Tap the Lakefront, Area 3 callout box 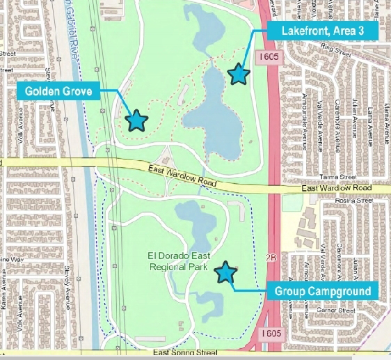point(321,31)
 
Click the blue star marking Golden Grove point(136,120)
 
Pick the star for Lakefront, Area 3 point(239,73)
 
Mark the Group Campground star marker point(225,273)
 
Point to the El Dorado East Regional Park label point(178,261)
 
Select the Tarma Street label point(337,178)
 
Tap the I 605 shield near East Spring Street point(273,334)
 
